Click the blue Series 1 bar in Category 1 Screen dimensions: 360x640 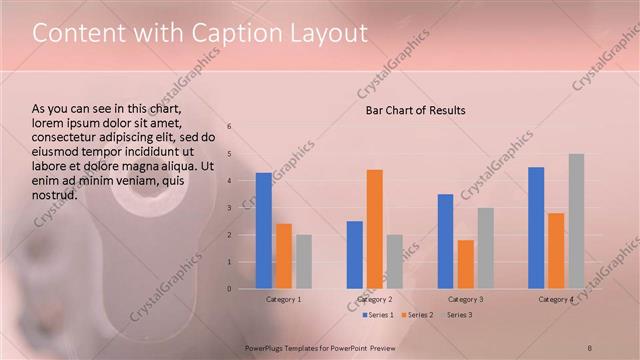pyautogui.click(x=264, y=231)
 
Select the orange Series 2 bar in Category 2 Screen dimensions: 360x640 pyautogui.click(x=375, y=229)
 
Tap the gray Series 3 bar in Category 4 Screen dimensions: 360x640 pyautogui.click(x=576, y=221)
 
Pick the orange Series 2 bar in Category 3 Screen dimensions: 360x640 pyautogui.click(x=465, y=264)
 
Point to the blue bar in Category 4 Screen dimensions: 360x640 pyautogui.click(x=536, y=228)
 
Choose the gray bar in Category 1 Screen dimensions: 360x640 pyautogui.click(x=303, y=262)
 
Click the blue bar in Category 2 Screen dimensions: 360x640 pyautogui.click(x=355, y=255)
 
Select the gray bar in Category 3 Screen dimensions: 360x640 pyautogui.click(x=485, y=248)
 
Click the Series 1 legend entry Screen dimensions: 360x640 pyautogui.click(x=377, y=315)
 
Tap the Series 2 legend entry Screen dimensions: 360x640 pyautogui.click(x=418, y=315)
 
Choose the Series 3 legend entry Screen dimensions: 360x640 pyautogui.click(x=458, y=315)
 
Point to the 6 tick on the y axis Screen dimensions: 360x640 pyautogui.click(x=229, y=127)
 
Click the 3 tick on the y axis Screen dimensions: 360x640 pyautogui.click(x=229, y=208)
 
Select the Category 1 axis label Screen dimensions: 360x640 pyautogui.click(x=284, y=299)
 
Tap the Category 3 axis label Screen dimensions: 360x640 pyautogui.click(x=465, y=299)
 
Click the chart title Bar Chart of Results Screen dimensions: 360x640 pyautogui.click(x=415, y=110)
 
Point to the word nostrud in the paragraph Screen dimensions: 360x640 pyautogui.click(x=55, y=194)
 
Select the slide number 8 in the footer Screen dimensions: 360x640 pyautogui.click(x=590, y=347)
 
